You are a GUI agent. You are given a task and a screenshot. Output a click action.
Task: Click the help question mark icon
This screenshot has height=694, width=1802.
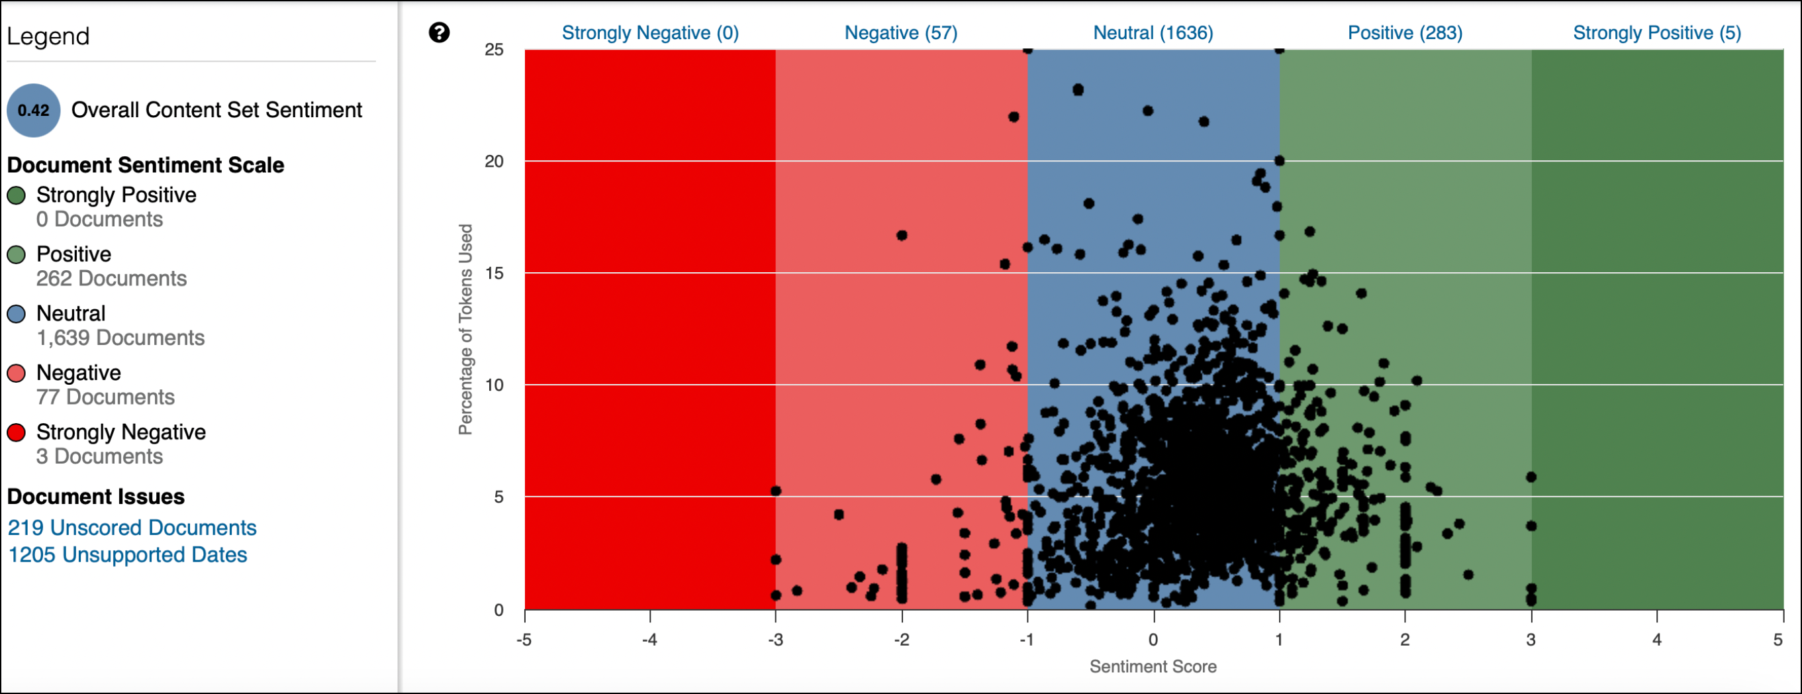[x=439, y=32]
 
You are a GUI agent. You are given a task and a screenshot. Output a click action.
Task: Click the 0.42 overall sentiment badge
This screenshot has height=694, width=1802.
[x=33, y=110]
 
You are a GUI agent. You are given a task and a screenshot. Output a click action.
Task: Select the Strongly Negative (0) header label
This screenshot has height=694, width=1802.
[x=650, y=33]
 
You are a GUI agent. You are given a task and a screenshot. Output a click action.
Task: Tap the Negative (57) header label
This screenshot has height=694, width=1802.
[x=900, y=33]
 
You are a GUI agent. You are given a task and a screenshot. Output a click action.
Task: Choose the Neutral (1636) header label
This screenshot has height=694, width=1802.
[x=1152, y=33]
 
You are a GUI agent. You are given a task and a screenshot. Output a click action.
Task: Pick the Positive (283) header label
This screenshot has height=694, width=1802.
[x=1404, y=33]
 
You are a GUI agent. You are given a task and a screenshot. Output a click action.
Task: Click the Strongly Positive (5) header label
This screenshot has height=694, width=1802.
[x=1656, y=33]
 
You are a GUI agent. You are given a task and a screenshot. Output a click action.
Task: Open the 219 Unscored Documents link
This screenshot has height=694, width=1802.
[x=132, y=528]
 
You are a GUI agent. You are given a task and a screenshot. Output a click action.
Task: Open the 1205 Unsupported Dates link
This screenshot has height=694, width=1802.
[x=127, y=555]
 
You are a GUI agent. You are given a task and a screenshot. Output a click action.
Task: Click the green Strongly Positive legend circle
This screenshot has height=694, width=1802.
[x=16, y=195]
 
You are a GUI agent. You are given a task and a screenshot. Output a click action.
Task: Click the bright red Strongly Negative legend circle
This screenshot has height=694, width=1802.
[x=16, y=432]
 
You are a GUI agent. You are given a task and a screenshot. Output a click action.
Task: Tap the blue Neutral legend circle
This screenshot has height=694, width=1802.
[x=16, y=313]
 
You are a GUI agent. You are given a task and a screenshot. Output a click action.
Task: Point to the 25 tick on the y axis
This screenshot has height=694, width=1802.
[x=494, y=50]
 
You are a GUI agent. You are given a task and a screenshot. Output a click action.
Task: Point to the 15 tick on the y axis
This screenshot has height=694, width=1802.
[x=494, y=273]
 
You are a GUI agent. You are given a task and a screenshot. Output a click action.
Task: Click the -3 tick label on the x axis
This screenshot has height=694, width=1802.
[x=775, y=640]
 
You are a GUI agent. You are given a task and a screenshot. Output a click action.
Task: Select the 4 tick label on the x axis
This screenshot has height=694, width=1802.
[x=1656, y=640]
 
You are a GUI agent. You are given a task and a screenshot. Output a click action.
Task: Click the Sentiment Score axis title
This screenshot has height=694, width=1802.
[x=1152, y=667]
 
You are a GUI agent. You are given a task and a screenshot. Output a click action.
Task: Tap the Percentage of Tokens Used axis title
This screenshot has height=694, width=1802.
[x=465, y=329]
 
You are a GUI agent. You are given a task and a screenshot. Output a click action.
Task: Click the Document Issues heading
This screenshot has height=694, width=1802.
[x=96, y=497]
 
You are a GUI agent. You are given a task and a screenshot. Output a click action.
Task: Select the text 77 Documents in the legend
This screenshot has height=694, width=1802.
[x=105, y=397]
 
